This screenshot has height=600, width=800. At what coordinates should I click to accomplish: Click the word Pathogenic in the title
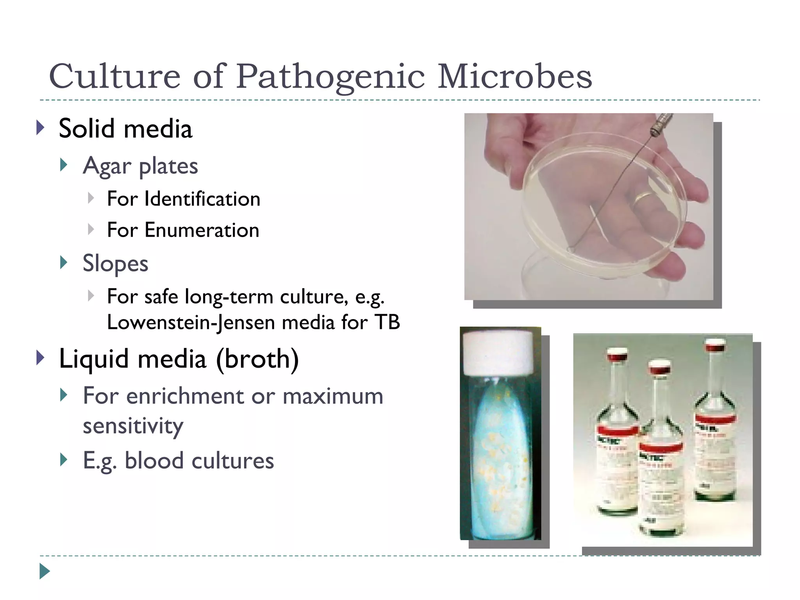(x=330, y=77)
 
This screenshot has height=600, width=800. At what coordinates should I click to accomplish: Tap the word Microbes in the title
(x=514, y=77)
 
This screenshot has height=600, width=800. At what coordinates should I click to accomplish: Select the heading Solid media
(x=125, y=129)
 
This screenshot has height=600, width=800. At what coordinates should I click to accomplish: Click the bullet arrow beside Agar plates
(x=64, y=165)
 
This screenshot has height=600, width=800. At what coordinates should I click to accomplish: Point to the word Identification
(x=202, y=199)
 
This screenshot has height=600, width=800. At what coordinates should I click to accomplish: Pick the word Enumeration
(x=202, y=230)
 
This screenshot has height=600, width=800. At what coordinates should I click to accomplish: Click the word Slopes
(x=115, y=263)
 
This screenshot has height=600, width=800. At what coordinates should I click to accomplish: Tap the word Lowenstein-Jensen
(x=191, y=323)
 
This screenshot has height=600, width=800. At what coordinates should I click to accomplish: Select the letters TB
(x=387, y=323)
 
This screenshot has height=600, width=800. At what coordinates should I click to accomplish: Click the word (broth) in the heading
(x=257, y=359)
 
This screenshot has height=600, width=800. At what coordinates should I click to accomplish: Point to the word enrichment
(x=186, y=396)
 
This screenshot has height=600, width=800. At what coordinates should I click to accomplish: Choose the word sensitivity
(x=133, y=426)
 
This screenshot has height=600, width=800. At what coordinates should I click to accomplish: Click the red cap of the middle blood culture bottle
(x=659, y=368)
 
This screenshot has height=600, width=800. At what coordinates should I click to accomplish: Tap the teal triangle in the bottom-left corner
(x=45, y=571)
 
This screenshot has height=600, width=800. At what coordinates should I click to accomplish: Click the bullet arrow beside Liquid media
(x=40, y=358)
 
